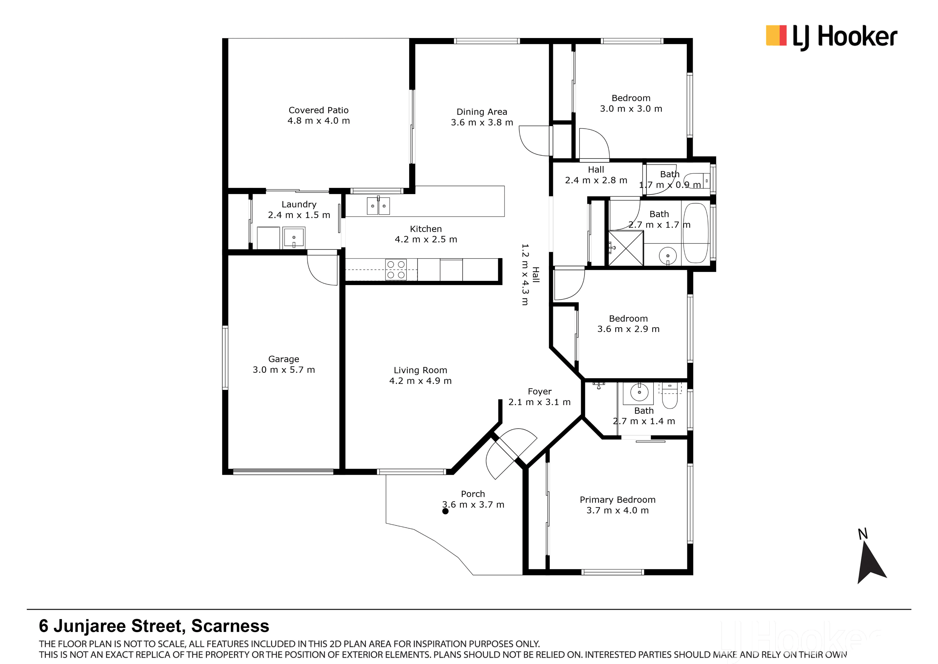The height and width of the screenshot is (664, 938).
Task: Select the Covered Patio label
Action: pos(319,110)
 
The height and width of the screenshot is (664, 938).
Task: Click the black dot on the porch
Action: pos(445,511)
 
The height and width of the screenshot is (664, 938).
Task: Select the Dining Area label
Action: pos(482,112)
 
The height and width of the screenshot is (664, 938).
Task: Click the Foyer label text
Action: pos(540,392)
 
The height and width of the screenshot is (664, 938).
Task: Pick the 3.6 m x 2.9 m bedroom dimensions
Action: pos(628,329)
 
